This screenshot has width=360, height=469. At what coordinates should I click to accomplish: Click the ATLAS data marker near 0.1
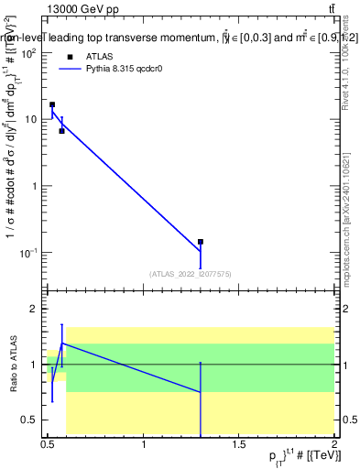point(201,242)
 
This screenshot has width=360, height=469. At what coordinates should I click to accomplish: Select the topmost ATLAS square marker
point(52,104)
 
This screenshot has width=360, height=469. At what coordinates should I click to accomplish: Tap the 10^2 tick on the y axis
point(29,53)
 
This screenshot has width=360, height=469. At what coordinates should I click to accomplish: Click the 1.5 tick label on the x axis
point(239,445)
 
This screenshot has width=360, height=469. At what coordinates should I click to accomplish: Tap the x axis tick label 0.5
point(48,445)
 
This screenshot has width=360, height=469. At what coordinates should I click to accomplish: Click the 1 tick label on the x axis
point(144,445)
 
